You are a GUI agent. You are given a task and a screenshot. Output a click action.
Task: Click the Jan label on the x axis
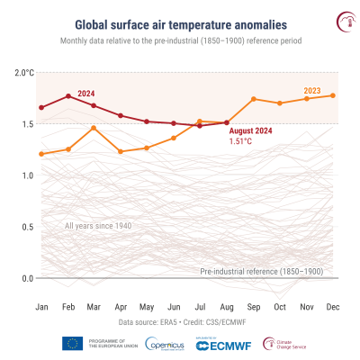[41, 307]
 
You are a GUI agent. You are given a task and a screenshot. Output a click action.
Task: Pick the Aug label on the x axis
[227, 307]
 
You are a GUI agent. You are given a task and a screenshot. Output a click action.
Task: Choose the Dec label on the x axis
[333, 307]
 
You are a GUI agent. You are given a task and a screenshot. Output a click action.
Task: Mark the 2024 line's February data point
[67, 95]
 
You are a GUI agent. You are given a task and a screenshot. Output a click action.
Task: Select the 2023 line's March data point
[94, 128]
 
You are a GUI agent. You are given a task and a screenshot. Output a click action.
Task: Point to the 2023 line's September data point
[254, 99]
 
